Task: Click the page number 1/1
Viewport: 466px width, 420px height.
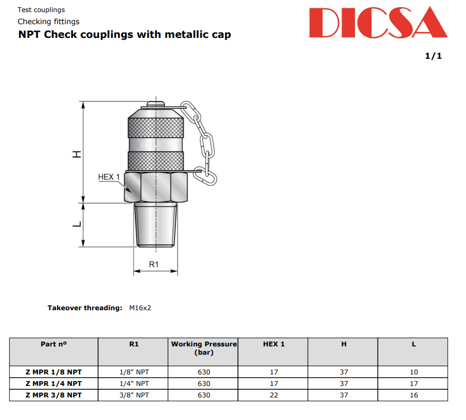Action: pos(433,56)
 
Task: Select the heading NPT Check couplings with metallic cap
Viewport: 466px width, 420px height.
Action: pos(124,35)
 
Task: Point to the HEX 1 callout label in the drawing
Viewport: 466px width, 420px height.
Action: pos(109,177)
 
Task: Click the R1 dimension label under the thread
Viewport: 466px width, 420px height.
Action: pos(154,264)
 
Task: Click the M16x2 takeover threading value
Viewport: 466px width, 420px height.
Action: pos(140,308)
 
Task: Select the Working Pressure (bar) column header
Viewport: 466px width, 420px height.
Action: pos(204,348)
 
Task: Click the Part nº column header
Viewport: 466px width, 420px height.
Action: pos(54,344)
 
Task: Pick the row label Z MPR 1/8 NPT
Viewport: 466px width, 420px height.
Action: pos(54,372)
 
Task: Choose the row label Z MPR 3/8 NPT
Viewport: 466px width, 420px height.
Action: pos(54,395)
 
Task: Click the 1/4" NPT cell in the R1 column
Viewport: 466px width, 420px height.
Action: pos(134,384)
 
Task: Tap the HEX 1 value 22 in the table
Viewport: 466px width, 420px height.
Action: pos(274,395)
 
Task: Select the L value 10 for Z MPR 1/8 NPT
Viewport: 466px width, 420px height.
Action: pos(414,372)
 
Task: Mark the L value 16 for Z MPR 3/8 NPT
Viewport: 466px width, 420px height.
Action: pos(414,395)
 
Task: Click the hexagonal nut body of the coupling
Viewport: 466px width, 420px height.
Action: pos(157,188)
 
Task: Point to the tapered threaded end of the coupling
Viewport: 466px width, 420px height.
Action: pos(156,225)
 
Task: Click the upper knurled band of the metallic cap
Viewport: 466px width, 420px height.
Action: pos(156,127)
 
